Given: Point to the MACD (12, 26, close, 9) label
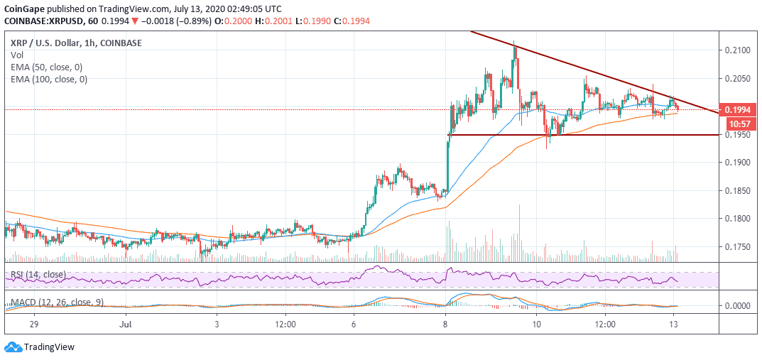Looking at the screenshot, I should click(57, 302).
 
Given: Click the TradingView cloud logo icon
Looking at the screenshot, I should click(13, 347).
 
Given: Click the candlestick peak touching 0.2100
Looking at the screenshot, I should click(513, 45).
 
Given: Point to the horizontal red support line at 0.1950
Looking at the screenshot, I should click(582, 135).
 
